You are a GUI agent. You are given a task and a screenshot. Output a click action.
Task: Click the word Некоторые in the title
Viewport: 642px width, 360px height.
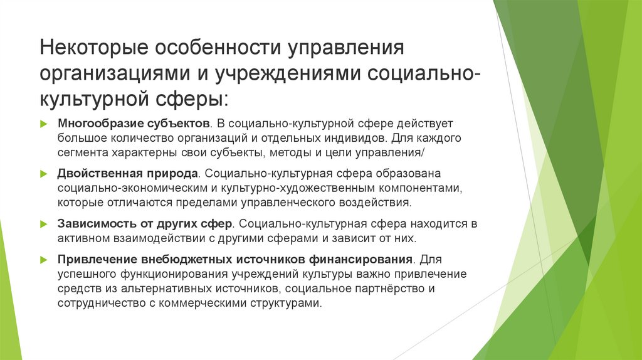coord(90,49)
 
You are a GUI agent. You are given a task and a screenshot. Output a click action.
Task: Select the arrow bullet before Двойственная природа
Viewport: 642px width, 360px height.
coord(44,174)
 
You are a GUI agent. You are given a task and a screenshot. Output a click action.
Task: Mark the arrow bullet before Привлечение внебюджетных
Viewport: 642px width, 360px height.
coord(44,260)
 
